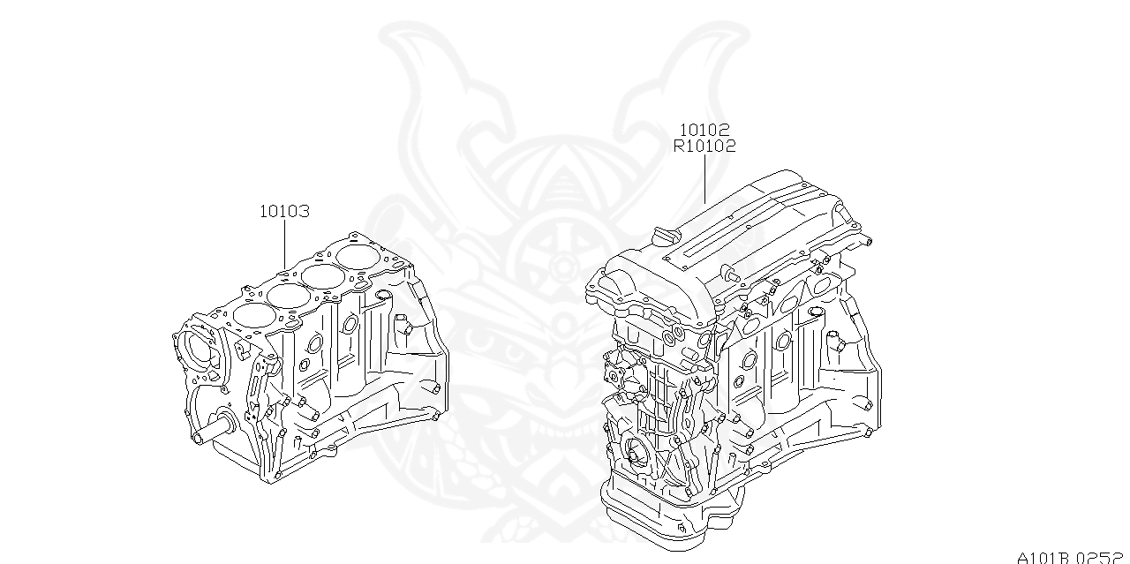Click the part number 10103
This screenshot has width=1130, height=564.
284,212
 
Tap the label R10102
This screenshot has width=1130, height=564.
704,147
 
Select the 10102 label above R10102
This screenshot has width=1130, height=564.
704,131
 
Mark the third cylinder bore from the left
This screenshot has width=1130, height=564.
325,275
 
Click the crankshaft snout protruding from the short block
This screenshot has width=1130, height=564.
211,433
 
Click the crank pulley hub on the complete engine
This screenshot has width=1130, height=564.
637,457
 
